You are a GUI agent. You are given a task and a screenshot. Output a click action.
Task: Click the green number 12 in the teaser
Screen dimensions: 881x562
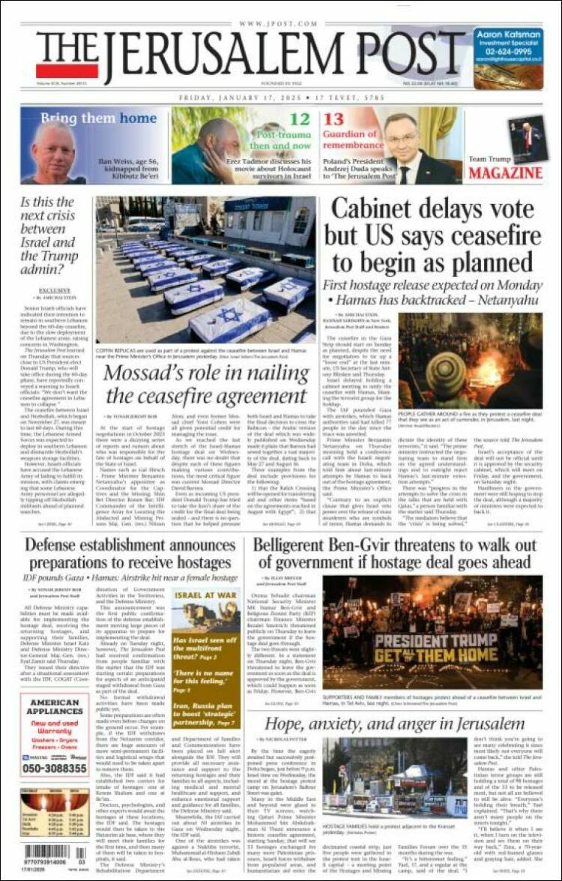pos(300,119)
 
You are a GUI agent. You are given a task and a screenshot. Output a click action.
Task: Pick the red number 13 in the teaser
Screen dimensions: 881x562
pos(334,119)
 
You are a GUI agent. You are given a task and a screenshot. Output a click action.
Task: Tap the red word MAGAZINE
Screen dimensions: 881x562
pos(505,174)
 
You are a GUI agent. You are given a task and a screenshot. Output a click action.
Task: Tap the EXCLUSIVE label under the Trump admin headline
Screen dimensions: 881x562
pos(55,289)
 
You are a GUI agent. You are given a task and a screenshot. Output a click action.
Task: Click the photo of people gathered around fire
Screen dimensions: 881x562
pos(470,359)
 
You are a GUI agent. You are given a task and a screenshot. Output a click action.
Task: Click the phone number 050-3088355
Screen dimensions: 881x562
pos(54,768)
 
